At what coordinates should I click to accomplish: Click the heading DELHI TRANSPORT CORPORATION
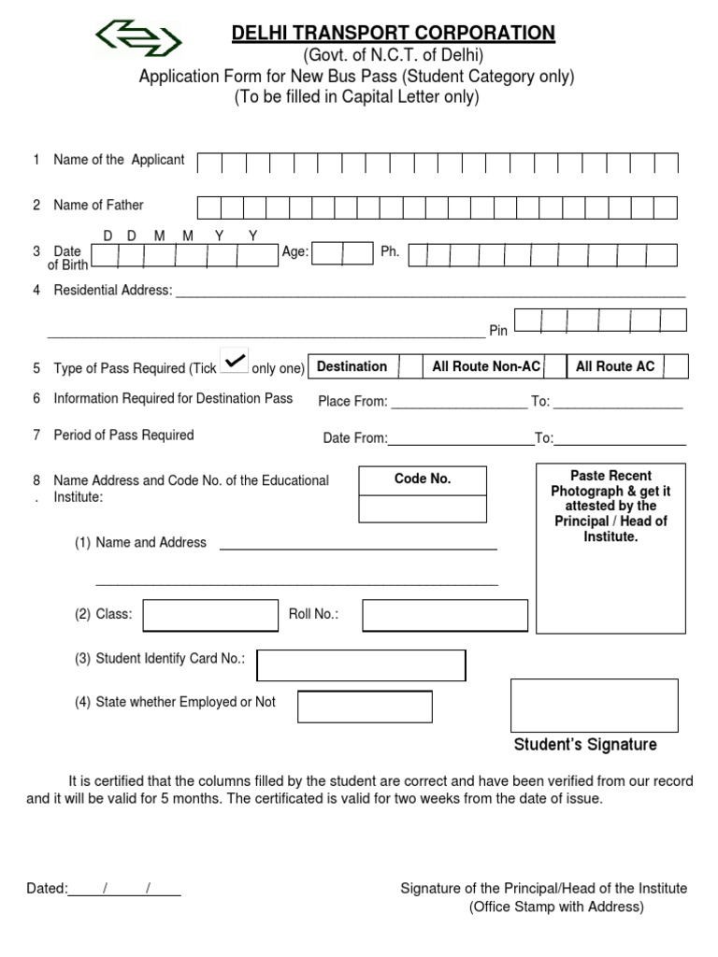pos(394,34)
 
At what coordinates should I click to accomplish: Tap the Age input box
pos(343,253)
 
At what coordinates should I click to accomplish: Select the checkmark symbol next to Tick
pos(235,360)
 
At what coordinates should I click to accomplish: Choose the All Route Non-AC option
pos(486,366)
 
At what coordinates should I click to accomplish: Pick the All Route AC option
pos(615,366)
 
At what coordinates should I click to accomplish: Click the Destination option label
pos(352,366)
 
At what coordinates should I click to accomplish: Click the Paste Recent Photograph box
pos(610,548)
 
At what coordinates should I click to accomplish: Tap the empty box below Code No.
pos(423,508)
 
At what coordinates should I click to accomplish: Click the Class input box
pos(210,615)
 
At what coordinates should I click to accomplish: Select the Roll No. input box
pos(445,615)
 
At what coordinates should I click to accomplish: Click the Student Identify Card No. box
pos(361,665)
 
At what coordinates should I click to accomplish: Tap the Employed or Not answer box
pos(365,707)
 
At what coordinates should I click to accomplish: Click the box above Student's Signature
pos(594,705)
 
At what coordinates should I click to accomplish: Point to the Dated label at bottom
pos(47,889)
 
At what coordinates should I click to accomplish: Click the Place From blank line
pos(458,404)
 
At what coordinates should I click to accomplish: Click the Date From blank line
pos(460,440)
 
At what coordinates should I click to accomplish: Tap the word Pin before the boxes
pos(498,331)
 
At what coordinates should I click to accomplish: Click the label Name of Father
pos(98,205)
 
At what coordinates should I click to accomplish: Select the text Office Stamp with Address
pos(555,907)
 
